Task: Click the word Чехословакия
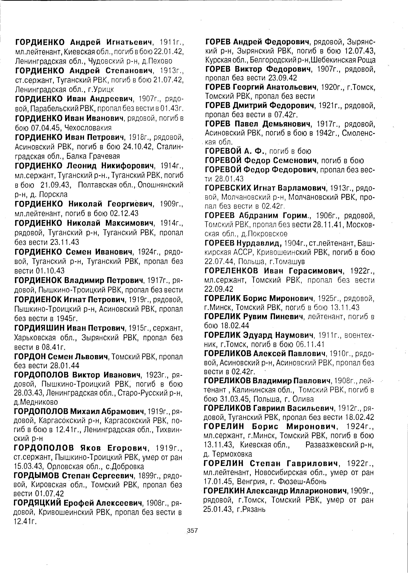coord(88,128)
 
